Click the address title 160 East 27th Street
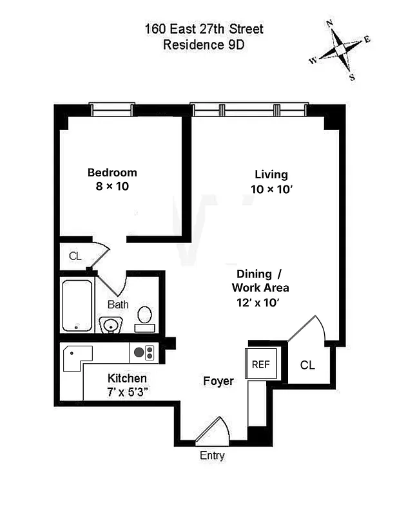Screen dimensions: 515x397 pos(204,30)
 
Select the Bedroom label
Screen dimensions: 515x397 pos(112,173)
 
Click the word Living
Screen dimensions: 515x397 pos(271,174)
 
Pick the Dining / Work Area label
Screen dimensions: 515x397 pos(260,280)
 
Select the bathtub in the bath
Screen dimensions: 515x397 pos(77,304)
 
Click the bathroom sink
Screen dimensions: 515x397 pos(111,324)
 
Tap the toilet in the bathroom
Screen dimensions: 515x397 pos(145,317)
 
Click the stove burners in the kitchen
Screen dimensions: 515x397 pos(144,352)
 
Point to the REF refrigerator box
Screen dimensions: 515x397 pos(260,364)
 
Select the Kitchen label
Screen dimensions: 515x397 pos(127,379)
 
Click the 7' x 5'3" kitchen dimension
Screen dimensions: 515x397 pos(127,392)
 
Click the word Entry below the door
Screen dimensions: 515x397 pos(212,456)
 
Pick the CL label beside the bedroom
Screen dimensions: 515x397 pos(75,256)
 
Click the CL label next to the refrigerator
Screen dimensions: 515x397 pos(307,365)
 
